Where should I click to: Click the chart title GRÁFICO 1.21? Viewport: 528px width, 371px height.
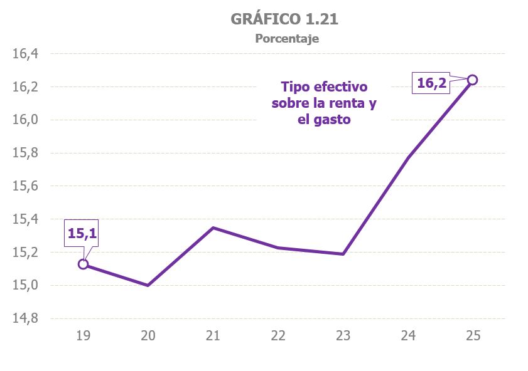pyautogui.click(x=284, y=19)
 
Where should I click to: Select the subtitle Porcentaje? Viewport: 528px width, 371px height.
pyautogui.click(x=287, y=39)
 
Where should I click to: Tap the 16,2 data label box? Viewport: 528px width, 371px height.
pyautogui.click(x=431, y=83)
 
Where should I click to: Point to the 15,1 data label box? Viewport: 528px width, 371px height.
pyautogui.click(x=82, y=234)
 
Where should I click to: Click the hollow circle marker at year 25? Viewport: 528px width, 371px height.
pyautogui.click(x=473, y=80)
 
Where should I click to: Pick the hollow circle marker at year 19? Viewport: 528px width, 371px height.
pyautogui.click(x=83, y=264)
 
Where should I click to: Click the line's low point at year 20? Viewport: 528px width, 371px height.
pyautogui.click(x=148, y=285)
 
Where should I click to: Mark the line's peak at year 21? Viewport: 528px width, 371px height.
pyautogui.click(x=213, y=227)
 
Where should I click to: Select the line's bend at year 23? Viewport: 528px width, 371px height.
pyautogui.click(x=343, y=254)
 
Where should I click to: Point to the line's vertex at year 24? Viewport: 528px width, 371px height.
pyautogui.click(x=408, y=157)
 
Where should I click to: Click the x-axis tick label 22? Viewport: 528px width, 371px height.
pyautogui.click(x=278, y=336)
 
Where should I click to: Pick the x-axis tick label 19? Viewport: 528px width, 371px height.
pyautogui.click(x=83, y=336)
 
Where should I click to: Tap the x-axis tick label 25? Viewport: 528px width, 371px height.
pyautogui.click(x=473, y=336)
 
